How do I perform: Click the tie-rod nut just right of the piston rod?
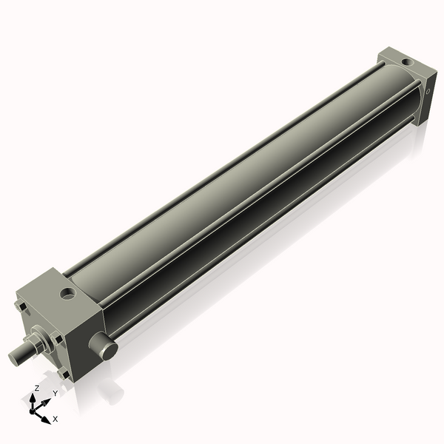57,337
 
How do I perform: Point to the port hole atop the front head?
69,295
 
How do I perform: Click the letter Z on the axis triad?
37,388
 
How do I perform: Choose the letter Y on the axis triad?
55,394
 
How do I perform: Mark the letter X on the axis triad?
55,419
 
